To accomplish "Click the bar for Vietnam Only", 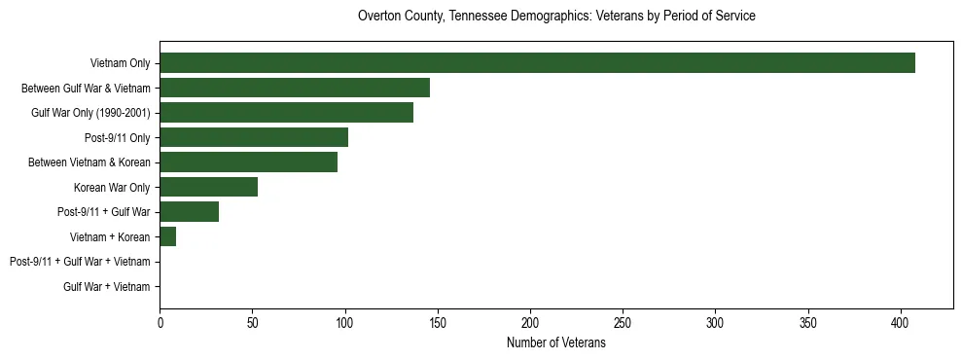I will [x=537, y=63].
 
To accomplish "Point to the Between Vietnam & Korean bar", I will [x=248, y=162].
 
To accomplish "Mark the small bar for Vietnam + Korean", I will [x=167, y=236].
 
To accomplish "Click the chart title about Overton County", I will [x=556, y=17].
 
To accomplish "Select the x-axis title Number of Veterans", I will [x=556, y=343].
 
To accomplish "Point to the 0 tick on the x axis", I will [x=160, y=321].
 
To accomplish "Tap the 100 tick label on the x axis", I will [x=345, y=321].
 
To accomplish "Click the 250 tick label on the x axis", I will [x=623, y=321].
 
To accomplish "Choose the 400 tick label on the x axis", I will [x=901, y=321].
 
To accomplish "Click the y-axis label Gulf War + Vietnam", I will [x=107, y=286].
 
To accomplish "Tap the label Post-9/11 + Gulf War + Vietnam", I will [x=80, y=262].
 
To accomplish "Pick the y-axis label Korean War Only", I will [x=112, y=187].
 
